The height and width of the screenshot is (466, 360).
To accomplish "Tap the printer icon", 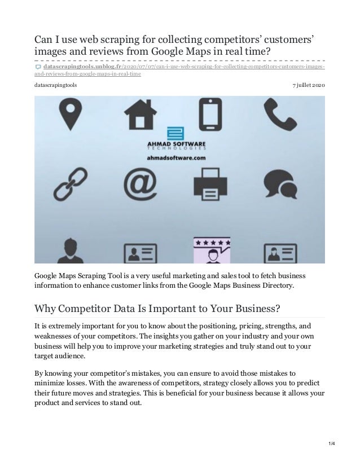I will (x=209, y=182).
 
